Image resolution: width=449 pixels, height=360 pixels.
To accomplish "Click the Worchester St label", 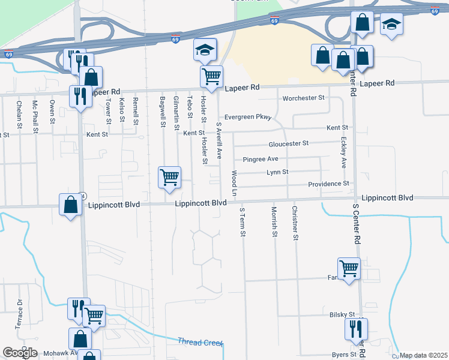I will coord(303,98).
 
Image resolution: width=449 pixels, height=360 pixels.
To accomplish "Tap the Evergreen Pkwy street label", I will coord(248,118).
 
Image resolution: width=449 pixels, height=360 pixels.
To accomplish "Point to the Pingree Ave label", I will coord(261,160).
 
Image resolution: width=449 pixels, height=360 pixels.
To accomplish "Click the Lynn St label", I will coord(277,172).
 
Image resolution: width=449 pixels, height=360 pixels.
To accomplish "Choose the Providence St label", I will coord(328,184).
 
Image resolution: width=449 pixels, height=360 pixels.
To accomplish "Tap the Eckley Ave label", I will coord(343,153).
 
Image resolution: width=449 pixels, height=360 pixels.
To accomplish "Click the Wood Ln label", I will coord(235,183).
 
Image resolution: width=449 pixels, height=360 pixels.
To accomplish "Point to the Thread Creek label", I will coord(200,342).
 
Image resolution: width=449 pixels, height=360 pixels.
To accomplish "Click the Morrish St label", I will coord(274,221).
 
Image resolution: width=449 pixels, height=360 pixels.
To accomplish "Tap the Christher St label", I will coord(295,223).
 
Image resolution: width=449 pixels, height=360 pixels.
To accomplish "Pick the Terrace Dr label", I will coord(19,314).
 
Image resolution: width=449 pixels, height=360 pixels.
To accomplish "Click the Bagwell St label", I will coord(163,112).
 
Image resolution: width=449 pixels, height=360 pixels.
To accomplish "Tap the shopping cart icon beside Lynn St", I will coord(170,178).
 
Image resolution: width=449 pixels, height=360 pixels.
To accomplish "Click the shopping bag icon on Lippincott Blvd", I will coord(71,205).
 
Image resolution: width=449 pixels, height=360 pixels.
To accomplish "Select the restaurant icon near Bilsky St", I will coord(356,329).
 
